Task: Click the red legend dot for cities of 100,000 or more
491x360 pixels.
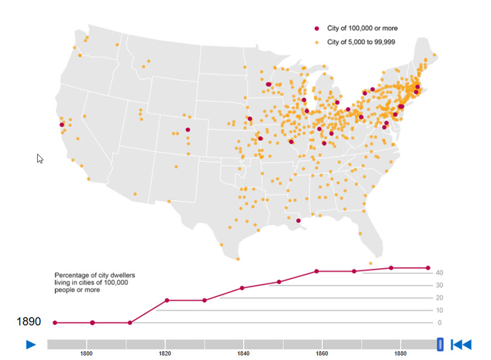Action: click(x=317, y=28)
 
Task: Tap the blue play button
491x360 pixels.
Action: click(x=31, y=344)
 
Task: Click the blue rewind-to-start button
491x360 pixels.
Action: click(x=461, y=344)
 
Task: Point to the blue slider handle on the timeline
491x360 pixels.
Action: click(x=440, y=344)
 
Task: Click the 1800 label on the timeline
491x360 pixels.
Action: click(x=86, y=353)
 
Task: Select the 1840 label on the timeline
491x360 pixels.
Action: click(x=243, y=353)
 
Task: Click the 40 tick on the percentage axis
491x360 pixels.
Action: click(x=438, y=272)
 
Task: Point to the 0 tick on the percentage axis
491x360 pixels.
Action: click(x=439, y=322)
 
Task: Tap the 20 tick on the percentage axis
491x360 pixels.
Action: click(x=438, y=297)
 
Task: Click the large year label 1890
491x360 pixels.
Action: click(x=28, y=321)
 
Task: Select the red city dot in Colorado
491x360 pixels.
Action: click(x=188, y=130)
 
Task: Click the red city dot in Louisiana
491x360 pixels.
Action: click(x=298, y=220)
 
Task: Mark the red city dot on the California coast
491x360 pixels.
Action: click(x=62, y=125)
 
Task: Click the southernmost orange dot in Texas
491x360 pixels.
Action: click(x=238, y=259)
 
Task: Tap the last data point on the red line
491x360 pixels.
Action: click(x=428, y=268)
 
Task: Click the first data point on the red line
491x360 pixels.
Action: click(x=55, y=322)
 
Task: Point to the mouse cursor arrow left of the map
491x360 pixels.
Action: click(x=39, y=158)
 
